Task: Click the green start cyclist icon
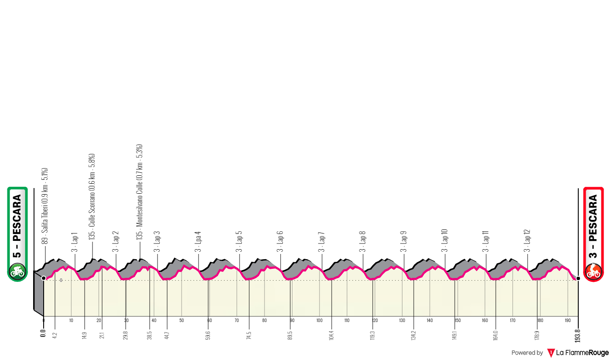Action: (17, 271)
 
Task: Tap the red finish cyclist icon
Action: (594, 271)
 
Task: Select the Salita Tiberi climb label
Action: (45, 206)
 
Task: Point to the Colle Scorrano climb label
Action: (93, 196)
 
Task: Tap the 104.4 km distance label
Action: (332, 337)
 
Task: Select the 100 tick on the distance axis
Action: (319, 321)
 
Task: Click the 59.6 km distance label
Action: (209, 336)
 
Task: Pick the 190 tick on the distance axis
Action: (568, 321)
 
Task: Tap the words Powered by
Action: (527, 353)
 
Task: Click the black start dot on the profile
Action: (44, 278)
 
